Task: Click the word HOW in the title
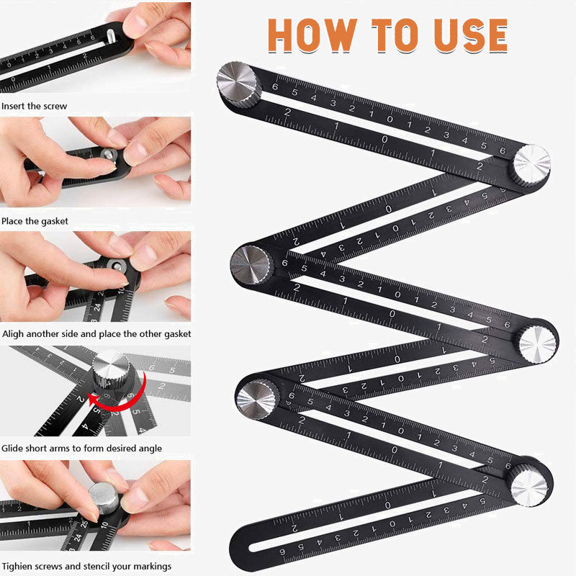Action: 312,35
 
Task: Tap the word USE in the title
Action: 471,35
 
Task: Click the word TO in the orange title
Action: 395,35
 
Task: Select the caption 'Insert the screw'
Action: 34,106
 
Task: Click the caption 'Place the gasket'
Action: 35,221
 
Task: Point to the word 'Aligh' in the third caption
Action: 12,334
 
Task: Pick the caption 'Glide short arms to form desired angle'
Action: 81,448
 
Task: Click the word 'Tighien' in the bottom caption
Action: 17,566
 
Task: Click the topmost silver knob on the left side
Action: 238,84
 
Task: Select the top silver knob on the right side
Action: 531,165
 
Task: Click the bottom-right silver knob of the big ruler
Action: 529,485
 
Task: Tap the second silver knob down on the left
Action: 251,264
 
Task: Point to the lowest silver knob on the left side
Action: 258,399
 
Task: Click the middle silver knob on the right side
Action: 537,344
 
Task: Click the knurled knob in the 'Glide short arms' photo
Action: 111,369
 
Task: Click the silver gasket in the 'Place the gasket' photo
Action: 109,155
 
